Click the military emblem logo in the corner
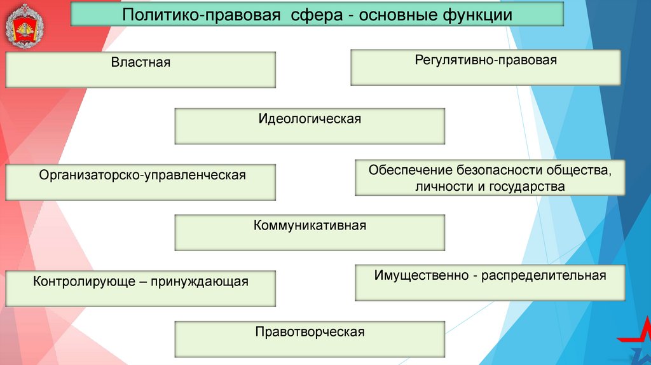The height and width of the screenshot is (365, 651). click(25, 26)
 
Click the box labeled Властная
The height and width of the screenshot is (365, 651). click(140, 69)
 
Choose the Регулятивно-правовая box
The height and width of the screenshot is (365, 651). click(485, 67)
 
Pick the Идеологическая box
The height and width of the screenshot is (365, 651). click(310, 125)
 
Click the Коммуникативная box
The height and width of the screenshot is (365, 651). click(310, 232)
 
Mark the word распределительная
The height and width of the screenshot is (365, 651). click(544, 275)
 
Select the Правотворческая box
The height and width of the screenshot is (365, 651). click(310, 338)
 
